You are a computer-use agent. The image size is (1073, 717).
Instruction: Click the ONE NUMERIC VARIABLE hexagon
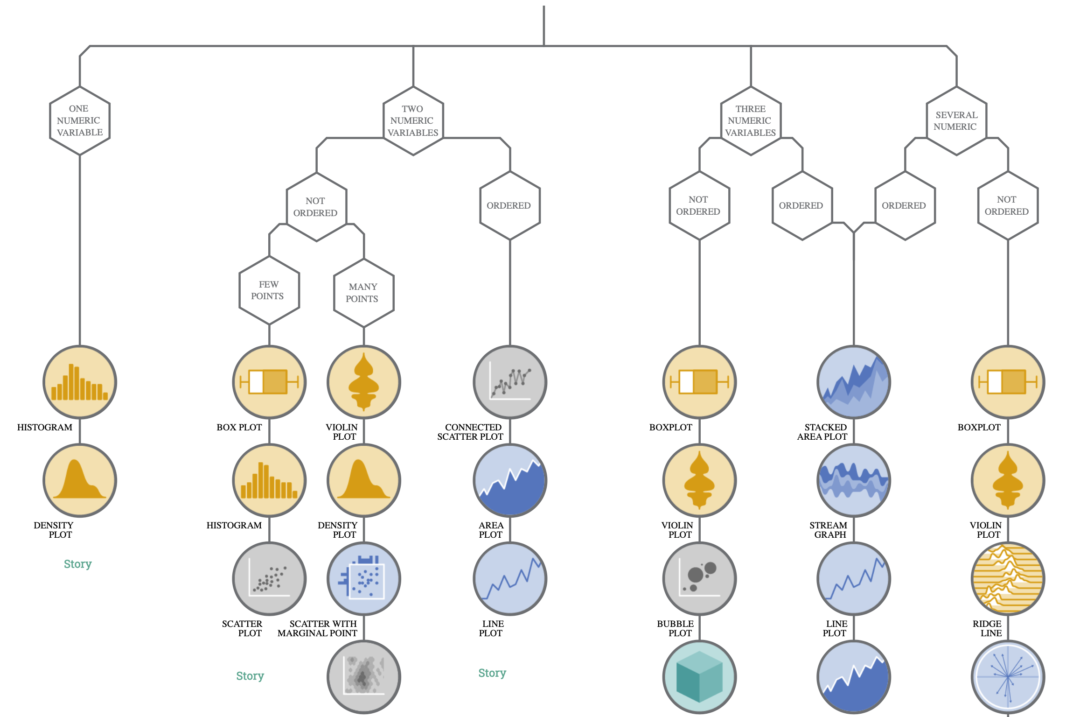(80, 120)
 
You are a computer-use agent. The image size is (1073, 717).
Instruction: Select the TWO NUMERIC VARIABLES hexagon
(413, 120)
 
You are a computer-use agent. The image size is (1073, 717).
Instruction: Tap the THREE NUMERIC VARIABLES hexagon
(751, 120)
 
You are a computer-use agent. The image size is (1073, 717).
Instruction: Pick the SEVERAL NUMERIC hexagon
(956, 120)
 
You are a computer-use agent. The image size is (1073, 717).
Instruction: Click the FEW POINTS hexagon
(269, 290)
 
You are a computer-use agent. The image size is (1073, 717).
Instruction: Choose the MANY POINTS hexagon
(363, 293)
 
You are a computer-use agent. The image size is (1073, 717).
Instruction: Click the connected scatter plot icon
(510, 382)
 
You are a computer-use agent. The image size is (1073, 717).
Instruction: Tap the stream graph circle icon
(853, 480)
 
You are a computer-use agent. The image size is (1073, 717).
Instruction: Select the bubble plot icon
(699, 578)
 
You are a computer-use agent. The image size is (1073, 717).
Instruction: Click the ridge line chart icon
(1008, 578)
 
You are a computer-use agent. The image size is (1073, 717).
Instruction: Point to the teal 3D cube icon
(699, 676)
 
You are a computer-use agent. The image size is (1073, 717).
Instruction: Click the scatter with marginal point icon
(363, 578)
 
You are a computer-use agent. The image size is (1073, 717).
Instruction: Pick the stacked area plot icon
(853, 382)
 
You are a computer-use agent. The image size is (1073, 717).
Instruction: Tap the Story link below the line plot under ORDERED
(492, 673)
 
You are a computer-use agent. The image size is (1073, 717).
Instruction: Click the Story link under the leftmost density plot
(77, 564)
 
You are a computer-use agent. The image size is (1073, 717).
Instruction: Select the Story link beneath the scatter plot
(250, 675)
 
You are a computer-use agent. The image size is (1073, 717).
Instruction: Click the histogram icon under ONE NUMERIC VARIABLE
(80, 382)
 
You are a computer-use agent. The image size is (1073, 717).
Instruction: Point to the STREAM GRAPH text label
(829, 530)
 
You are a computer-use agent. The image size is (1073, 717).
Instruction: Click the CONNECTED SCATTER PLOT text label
(470, 432)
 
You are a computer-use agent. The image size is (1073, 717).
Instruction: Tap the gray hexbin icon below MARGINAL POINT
(363, 676)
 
